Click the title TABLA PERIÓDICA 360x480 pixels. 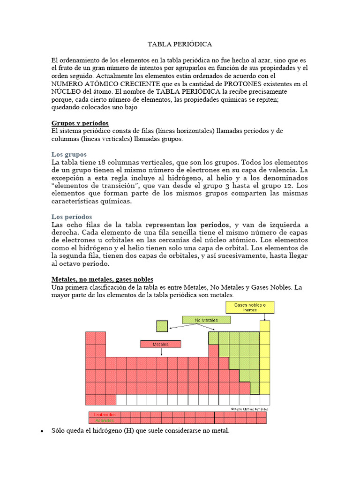point(180,45)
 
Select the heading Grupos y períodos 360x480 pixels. point(80,123)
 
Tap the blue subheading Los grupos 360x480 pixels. point(68,154)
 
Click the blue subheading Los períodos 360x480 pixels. point(71,217)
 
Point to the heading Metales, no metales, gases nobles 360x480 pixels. point(102,279)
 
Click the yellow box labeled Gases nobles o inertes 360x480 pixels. point(250,307)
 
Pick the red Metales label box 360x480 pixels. point(160,344)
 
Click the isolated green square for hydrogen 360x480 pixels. point(162,326)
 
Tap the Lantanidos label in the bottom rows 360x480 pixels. point(105,415)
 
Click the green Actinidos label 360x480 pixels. point(105,420)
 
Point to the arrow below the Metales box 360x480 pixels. point(160,352)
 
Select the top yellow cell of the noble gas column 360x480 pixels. point(265,326)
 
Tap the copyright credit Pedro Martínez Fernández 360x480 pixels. point(249,409)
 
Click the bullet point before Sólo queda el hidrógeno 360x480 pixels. point(42,431)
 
